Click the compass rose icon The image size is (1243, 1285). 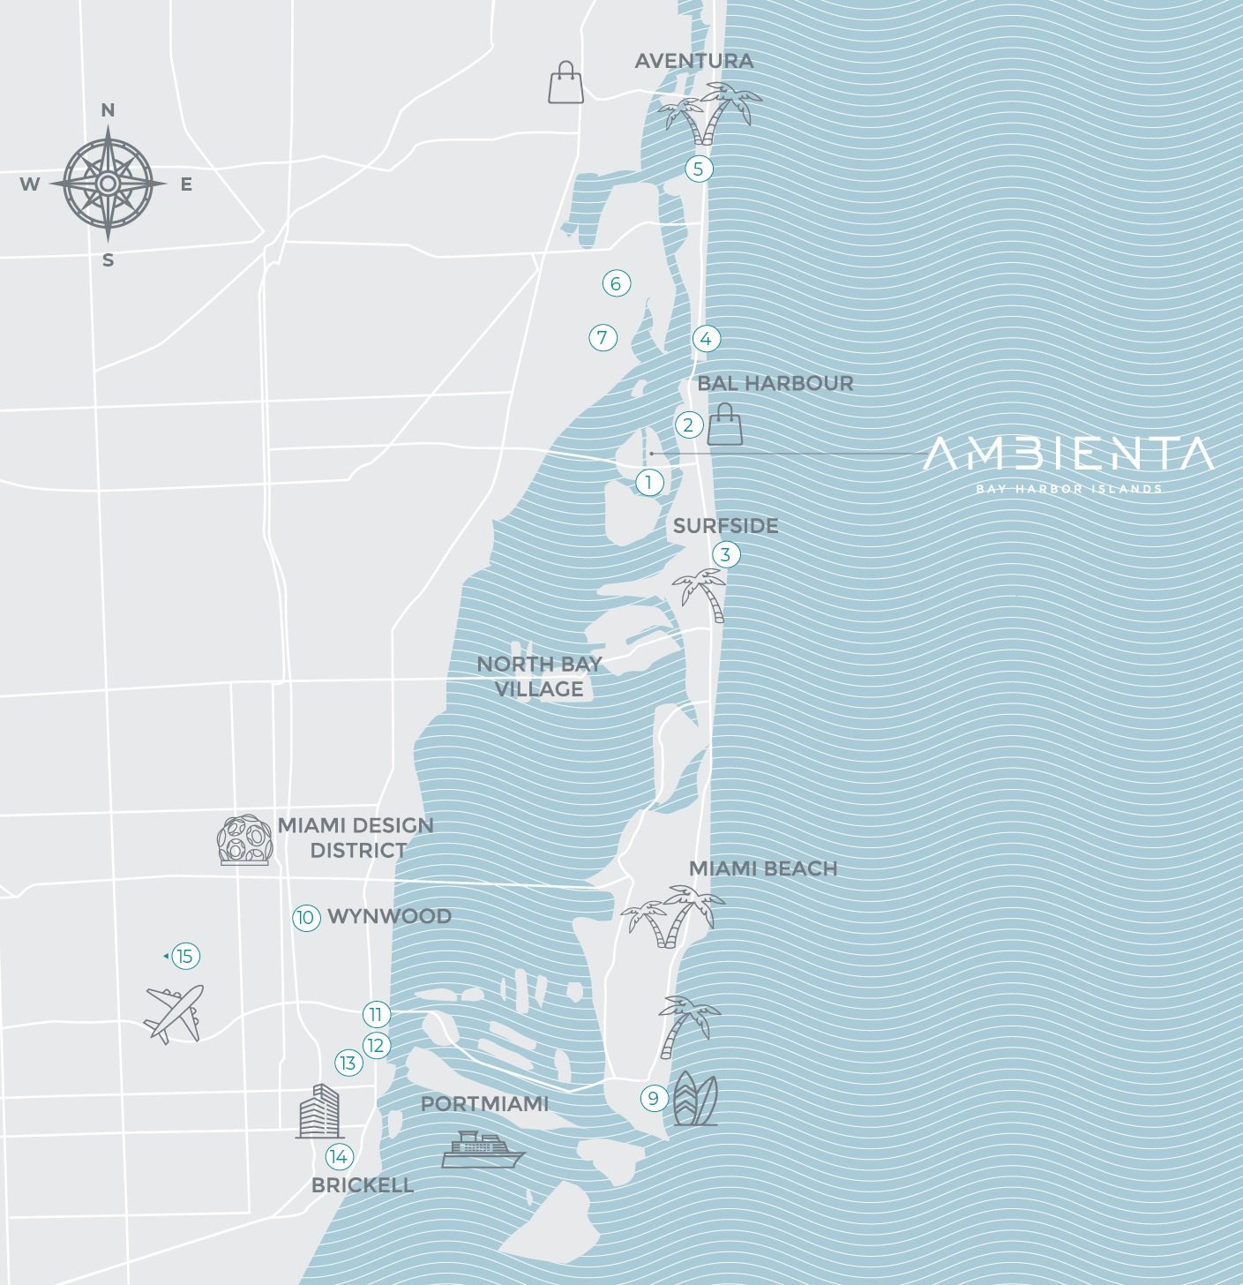108,184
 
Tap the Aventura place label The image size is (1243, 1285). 693,61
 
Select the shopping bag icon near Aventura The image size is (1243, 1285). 565,83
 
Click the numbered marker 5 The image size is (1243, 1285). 699,169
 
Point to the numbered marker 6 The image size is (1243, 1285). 616,283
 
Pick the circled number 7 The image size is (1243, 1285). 603,337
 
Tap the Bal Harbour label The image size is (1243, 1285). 775,383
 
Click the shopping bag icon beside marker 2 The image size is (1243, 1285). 726,425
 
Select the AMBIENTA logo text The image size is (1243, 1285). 1067,455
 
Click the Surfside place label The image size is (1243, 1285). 725,526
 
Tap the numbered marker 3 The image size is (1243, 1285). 725,554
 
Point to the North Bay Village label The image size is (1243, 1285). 539,676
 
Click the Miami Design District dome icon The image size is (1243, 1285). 244,840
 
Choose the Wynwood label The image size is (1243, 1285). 389,916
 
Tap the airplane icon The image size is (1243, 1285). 175,1013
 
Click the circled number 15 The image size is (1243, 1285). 184,956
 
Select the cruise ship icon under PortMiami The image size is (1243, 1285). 482,1149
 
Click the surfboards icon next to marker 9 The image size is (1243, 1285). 695,1099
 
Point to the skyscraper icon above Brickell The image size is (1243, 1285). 318,1111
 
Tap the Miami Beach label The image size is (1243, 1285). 762,868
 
